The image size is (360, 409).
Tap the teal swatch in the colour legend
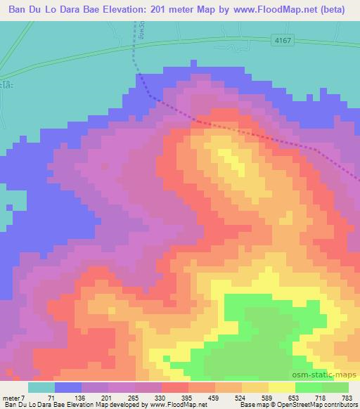pyautogui.click(x=41, y=387)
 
